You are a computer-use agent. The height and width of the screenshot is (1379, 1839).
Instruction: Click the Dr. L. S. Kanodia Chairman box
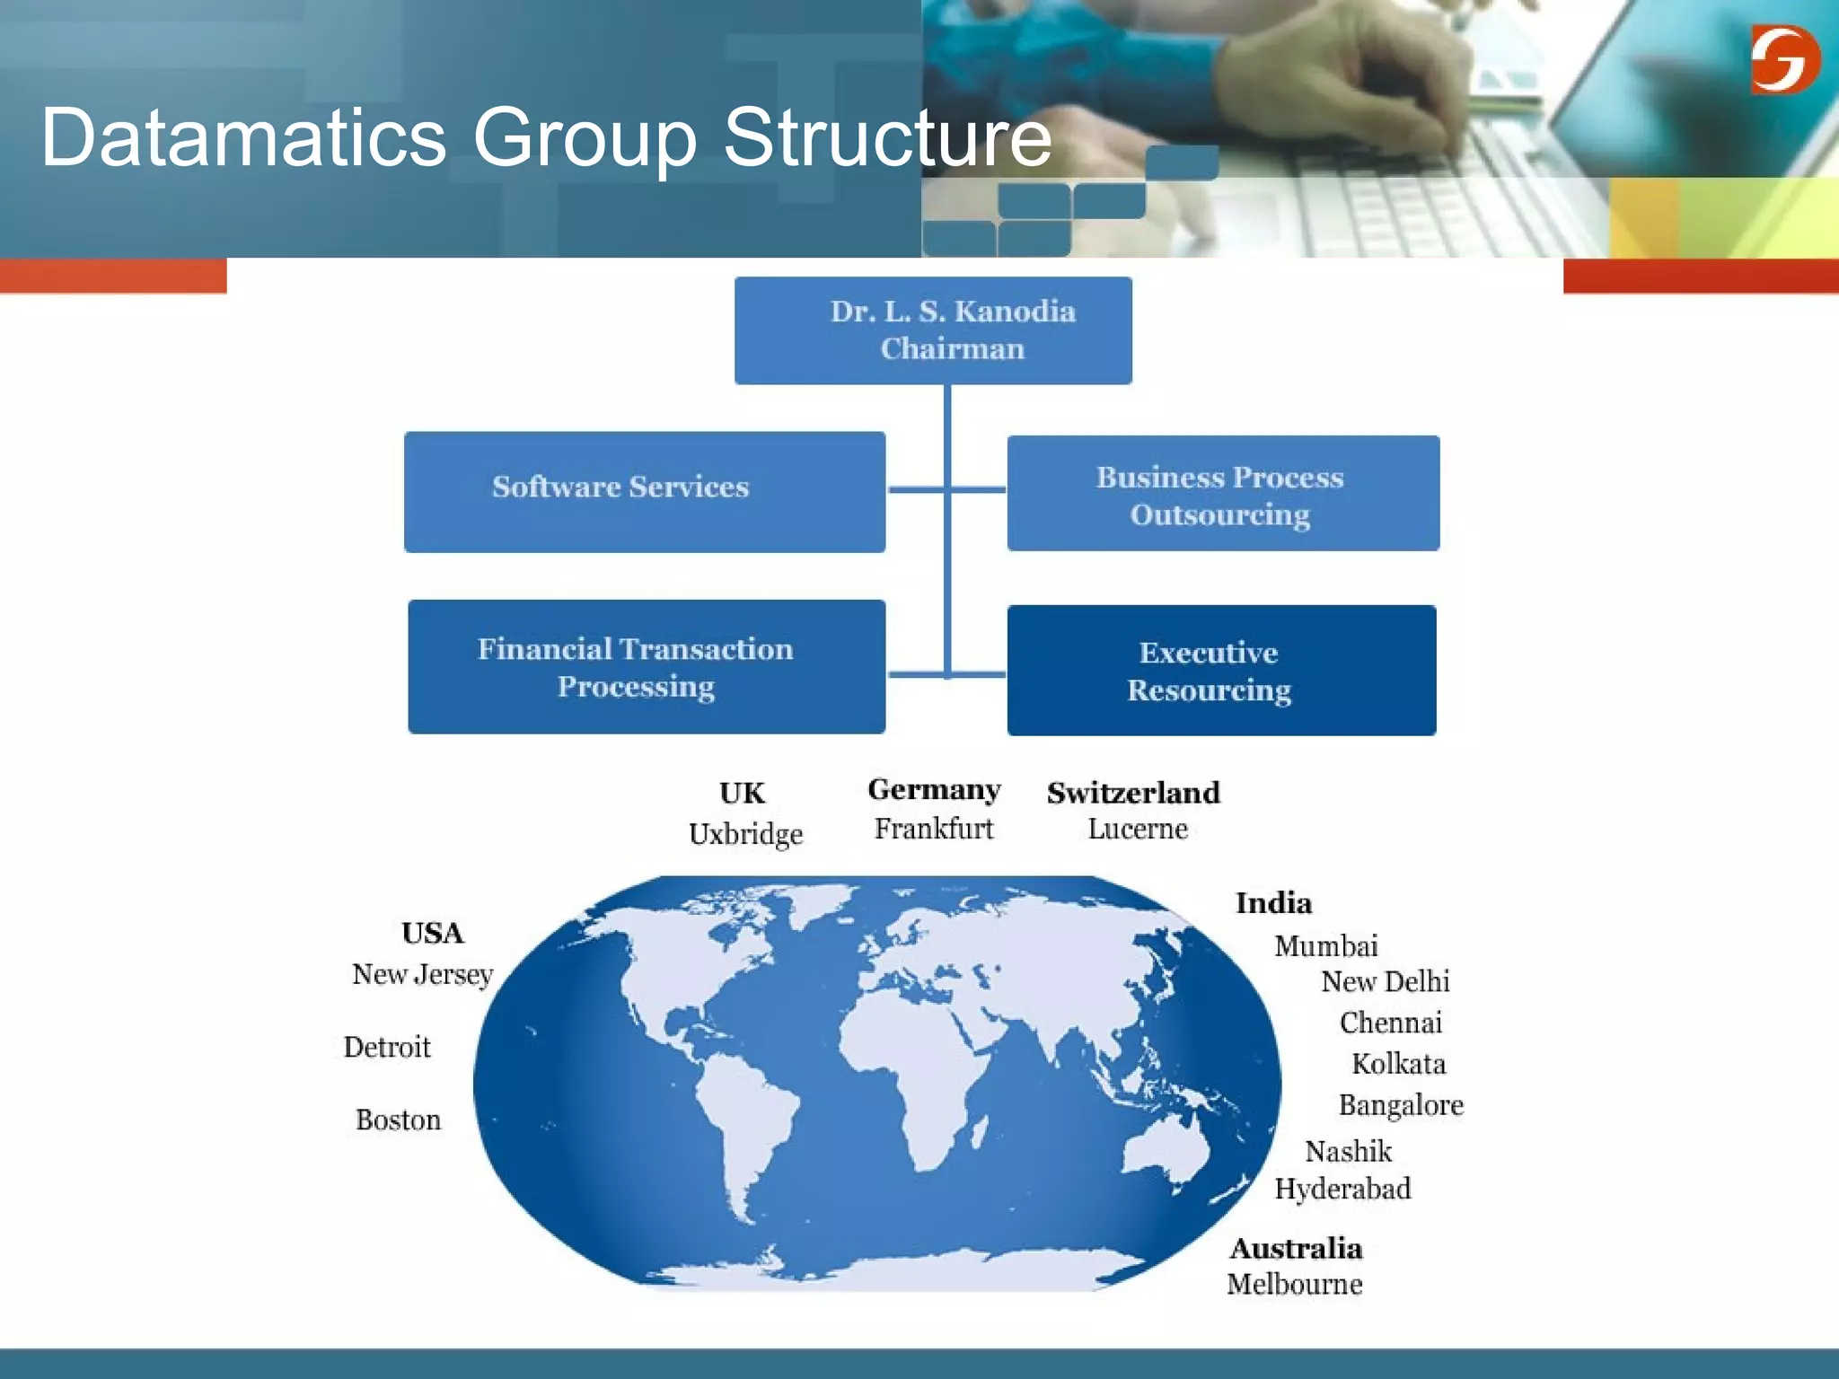click(933, 330)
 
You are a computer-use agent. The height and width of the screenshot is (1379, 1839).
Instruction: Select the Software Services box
click(645, 491)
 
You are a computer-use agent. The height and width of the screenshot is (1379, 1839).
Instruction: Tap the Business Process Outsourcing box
click(1223, 494)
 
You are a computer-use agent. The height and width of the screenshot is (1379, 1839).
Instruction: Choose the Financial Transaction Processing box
click(647, 667)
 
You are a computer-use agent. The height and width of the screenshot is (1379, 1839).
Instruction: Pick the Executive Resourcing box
click(1221, 671)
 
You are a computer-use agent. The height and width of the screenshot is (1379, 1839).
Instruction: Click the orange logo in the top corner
click(1784, 59)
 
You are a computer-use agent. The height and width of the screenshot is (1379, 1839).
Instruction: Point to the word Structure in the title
click(887, 137)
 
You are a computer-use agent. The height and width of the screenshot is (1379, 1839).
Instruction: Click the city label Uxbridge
click(745, 834)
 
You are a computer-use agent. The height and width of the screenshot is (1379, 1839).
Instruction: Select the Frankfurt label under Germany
click(934, 829)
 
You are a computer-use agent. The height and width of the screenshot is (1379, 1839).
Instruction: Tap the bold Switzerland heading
click(1133, 793)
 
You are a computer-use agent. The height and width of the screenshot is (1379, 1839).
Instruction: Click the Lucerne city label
click(1138, 829)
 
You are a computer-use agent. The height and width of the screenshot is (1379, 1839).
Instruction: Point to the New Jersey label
click(423, 974)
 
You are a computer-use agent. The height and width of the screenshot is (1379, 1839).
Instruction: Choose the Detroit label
click(387, 1047)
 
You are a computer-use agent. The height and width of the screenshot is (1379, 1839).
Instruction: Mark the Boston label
click(398, 1120)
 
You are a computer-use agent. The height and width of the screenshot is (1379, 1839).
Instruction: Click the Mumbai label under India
click(1325, 946)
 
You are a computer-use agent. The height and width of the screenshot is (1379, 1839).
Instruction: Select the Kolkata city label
click(1398, 1064)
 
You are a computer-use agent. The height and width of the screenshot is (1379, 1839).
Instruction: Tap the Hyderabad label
click(1342, 1189)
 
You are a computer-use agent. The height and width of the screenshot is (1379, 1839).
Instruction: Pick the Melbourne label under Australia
click(1294, 1285)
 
